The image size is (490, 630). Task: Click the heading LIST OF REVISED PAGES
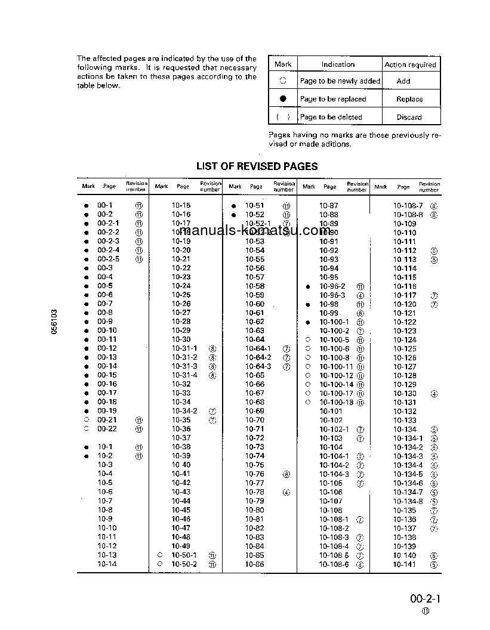click(257, 166)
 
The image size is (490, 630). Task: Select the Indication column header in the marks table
click(338, 64)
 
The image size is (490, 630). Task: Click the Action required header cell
click(410, 64)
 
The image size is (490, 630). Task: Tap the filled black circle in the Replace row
click(283, 99)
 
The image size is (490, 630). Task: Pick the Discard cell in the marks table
click(409, 117)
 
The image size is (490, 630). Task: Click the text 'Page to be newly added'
click(340, 81)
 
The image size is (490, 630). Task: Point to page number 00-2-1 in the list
click(108, 223)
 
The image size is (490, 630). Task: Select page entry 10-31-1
click(184, 348)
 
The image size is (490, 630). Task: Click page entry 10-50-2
click(184, 564)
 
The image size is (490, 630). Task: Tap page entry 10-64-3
click(258, 366)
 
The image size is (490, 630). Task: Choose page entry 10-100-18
click(336, 402)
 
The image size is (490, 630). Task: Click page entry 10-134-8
click(408, 501)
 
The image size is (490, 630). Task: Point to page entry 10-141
click(405, 564)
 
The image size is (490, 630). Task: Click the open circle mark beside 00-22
click(86, 429)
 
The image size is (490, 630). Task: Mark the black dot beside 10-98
click(308, 304)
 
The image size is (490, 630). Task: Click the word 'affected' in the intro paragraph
click(106, 58)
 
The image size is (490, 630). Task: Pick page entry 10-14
click(107, 564)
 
